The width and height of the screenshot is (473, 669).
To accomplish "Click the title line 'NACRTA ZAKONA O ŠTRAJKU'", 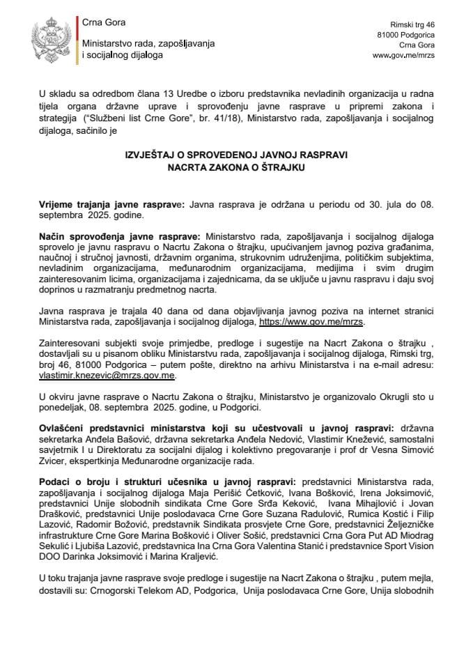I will [x=237, y=167].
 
